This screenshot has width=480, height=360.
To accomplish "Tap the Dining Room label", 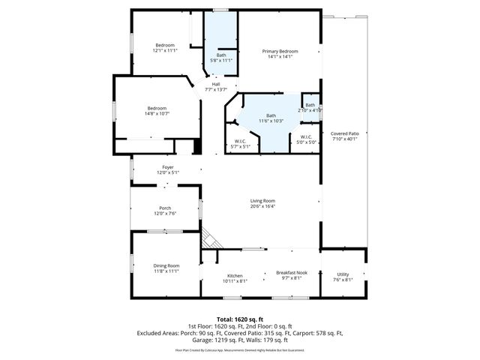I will [166, 265].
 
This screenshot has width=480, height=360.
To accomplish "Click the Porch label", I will [165, 208].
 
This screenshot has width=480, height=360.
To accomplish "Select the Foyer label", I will [167, 167].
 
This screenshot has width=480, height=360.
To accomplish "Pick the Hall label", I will [216, 84].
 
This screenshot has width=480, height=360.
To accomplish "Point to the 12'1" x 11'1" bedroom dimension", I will [165, 50].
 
